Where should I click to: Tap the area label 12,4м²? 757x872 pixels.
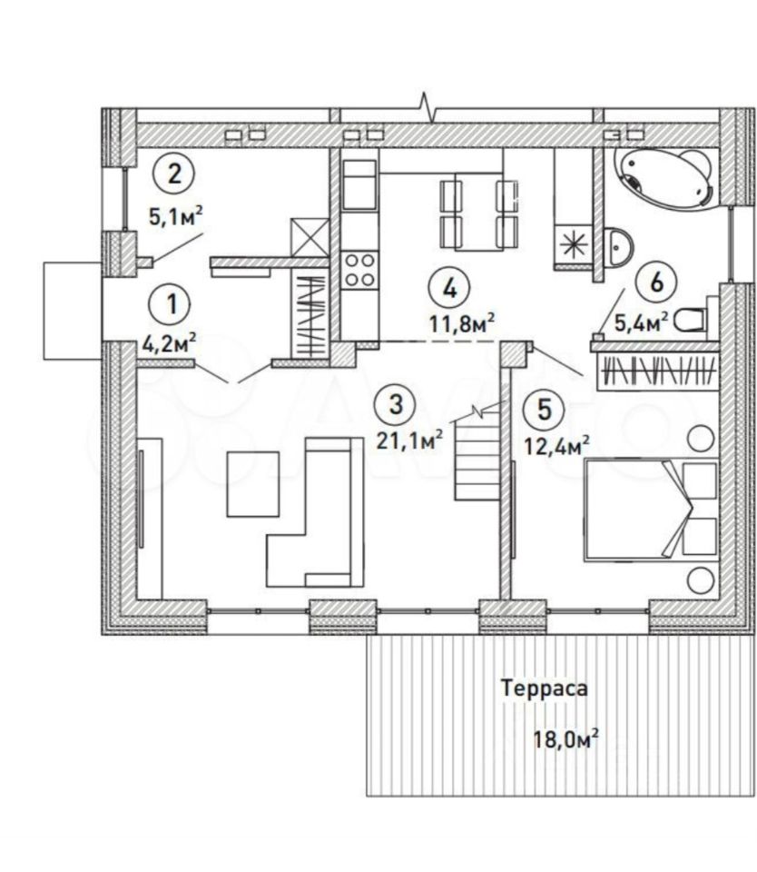pyautogui.click(x=557, y=444)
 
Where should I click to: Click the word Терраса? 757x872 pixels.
pyautogui.click(x=545, y=689)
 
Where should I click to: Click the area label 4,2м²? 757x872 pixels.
pyautogui.click(x=171, y=343)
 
